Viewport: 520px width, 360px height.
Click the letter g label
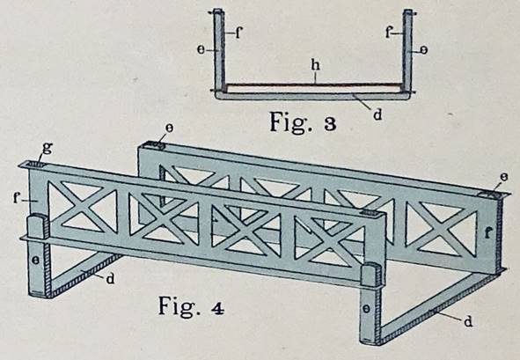(x=48, y=148)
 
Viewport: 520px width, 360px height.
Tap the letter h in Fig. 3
(x=315, y=66)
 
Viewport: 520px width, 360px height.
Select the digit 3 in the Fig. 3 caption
(x=330, y=124)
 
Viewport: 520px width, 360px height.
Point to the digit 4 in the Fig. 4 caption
(x=217, y=308)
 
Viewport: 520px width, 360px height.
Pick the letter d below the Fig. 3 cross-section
(x=377, y=114)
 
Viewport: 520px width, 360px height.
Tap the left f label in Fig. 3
(x=238, y=33)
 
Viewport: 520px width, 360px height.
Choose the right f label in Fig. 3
(x=388, y=33)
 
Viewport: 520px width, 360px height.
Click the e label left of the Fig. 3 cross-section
(x=201, y=50)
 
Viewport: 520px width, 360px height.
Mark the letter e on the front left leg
(x=36, y=261)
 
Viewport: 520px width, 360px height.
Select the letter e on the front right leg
(x=366, y=309)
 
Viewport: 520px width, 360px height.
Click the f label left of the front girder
(x=17, y=198)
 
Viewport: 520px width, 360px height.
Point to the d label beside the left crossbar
(x=110, y=279)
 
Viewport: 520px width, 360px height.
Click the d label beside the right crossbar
(x=468, y=321)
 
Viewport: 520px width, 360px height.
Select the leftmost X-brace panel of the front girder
(x=83, y=207)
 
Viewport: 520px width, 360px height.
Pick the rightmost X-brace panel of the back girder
(x=441, y=230)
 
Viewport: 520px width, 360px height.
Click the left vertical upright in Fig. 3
(x=219, y=51)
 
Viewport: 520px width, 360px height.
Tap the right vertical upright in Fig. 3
(x=407, y=51)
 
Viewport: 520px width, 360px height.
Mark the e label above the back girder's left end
(x=169, y=129)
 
